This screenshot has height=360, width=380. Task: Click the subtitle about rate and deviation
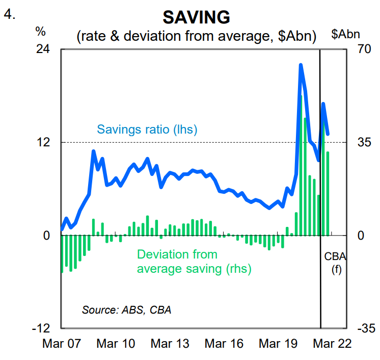point(196,36)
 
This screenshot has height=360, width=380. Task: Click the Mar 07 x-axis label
point(61,344)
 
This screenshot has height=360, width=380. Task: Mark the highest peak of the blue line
point(301,65)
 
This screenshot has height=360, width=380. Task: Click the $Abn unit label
point(346,34)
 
